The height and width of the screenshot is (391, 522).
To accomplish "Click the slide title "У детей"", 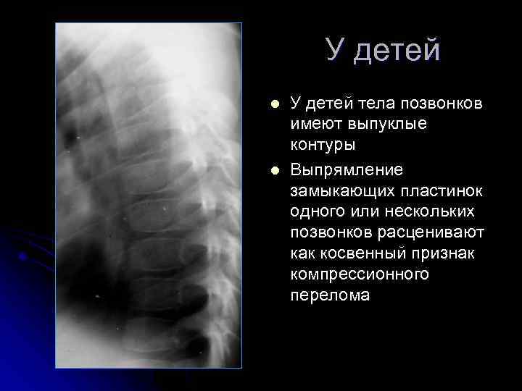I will tap(382, 50).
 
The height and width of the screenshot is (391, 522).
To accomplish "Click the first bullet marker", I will tap(273, 104).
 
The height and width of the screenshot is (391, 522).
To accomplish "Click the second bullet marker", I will tap(273, 171).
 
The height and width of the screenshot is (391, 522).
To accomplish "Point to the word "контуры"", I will tap(323, 145).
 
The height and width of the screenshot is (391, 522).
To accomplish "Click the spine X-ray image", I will tap(148, 195).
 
